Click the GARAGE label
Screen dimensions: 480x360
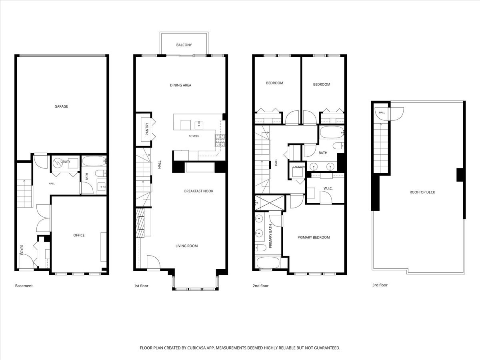(61, 106)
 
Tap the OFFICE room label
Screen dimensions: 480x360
(79, 235)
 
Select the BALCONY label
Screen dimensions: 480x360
(184, 45)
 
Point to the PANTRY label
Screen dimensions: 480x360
(147, 129)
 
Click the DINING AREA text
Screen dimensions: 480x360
(181, 85)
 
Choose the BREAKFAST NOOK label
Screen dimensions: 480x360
(199, 191)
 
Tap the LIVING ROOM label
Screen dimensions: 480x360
(187, 246)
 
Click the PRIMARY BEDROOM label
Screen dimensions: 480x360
(314, 237)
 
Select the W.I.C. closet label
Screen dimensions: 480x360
(328, 188)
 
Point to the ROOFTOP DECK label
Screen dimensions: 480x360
(422, 192)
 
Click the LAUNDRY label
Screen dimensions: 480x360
(299, 167)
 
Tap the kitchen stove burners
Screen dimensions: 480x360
(220, 140)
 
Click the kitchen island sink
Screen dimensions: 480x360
(199, 126)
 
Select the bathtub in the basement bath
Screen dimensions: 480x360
(94, 161)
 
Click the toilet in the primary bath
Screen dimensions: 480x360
(260, 248)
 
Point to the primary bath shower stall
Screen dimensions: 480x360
(270, 203)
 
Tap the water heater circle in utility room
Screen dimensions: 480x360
(58, 163)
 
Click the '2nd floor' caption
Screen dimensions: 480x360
(261, 286)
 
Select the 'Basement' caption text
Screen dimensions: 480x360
(24, 286)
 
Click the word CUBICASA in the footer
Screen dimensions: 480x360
(196, 348)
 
